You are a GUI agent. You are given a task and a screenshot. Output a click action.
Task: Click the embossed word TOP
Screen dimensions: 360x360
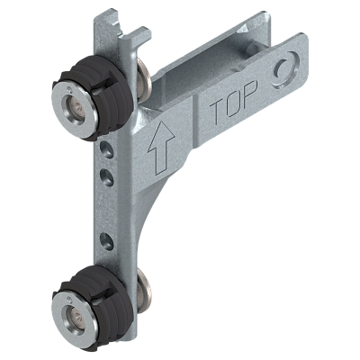[233, 102]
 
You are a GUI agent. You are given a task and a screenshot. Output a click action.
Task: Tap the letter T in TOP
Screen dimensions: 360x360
[217, 112]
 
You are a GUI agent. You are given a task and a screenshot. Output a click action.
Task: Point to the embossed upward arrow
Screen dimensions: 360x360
[161, 147]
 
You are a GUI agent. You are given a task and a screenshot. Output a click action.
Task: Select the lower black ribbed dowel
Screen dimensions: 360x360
[93, 303]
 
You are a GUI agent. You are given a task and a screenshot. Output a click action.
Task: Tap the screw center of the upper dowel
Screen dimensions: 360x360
[77, 106]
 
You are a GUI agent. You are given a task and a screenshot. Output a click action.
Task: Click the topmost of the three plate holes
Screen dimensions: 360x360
[107, 149]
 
